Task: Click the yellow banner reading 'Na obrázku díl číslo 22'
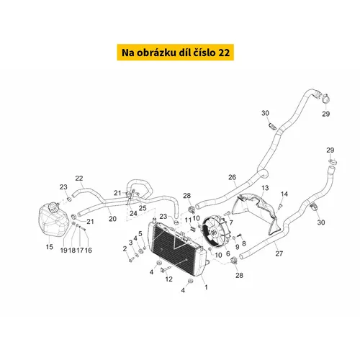[175, 52]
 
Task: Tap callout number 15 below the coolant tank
[50, 246]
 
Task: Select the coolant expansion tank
[53, 220]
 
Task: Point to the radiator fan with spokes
[215, 232]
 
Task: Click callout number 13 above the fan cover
[265, 188]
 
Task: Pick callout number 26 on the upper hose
[232, 177]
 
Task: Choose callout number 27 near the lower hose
[279, 253]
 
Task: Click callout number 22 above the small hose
[79, 179]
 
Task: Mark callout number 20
[112, 219]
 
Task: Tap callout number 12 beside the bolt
[168, 279]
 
